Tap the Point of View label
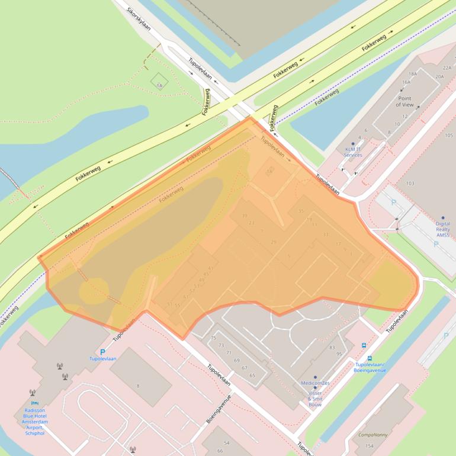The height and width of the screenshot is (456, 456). tap(405, 101)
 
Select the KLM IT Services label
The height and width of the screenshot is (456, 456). tap(353, 152)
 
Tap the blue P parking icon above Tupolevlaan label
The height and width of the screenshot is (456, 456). tap(102, 352)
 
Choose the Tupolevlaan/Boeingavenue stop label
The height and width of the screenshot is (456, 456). tap(370, 367)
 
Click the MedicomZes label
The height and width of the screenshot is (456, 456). tap(315, 383)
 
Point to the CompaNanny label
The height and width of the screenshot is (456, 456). tap(373, 435)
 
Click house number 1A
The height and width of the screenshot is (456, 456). tap(159, 86)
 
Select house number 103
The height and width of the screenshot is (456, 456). tap(410, 184)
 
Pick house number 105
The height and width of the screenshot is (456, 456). tap(448, 136)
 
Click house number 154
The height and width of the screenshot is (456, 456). tap(370, 445)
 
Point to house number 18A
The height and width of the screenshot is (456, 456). tap(413, 73)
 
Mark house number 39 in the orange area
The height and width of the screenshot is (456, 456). tap(244, 216)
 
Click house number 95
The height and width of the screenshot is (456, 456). tap(339, 354)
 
